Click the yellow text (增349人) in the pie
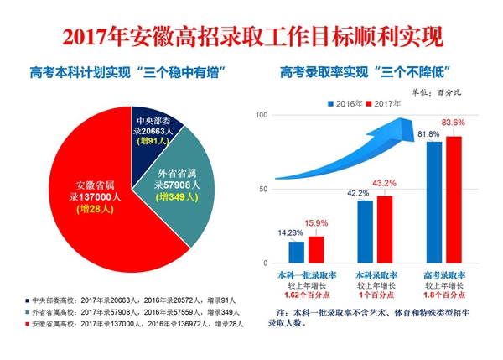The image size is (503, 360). [x=177, y=198]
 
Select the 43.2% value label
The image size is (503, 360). [x=385, y=183]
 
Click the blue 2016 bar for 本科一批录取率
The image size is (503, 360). [x=296, y=252]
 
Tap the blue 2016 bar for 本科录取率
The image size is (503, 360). [x=365, y=231]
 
